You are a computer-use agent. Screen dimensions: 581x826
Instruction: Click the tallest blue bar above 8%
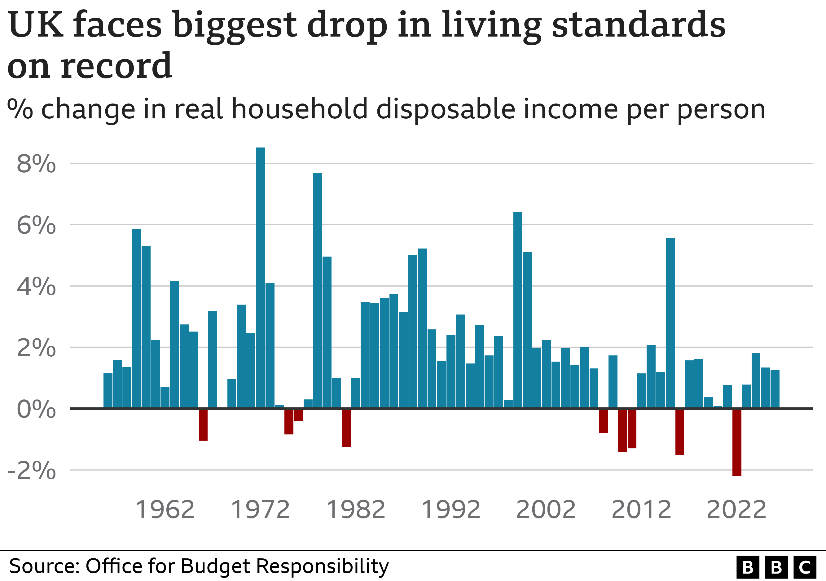pos(260,277)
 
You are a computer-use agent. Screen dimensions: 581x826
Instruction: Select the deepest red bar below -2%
pos(736,442)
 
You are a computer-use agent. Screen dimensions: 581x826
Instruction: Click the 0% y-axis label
pos(36,409)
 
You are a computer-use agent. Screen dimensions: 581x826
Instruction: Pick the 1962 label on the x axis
pos(165,510)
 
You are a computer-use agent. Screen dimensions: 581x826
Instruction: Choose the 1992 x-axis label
pos(450,510)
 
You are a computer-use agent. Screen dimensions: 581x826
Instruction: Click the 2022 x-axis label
pos(736,510)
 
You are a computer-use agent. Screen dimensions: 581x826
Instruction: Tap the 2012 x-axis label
pos(641,510)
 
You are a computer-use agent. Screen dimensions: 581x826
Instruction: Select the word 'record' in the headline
pos(116,66)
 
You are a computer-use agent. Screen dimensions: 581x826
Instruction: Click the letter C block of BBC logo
pos(804,567)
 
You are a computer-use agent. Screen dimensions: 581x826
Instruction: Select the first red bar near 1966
pos(203,425)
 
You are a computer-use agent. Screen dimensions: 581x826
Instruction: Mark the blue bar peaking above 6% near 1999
pos(517,309)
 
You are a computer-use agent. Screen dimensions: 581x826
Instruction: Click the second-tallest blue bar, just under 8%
pos(317,290)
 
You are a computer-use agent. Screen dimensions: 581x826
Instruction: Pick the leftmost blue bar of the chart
pos(108,390)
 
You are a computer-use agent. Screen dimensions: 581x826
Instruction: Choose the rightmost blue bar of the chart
pos(775,389)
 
